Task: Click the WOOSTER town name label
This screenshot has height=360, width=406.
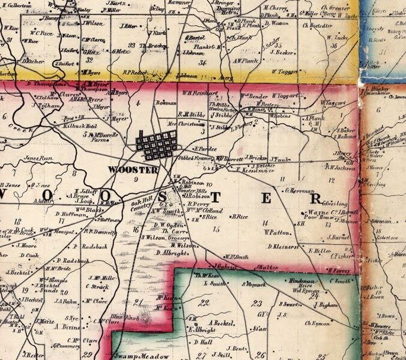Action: [x=132, y=169]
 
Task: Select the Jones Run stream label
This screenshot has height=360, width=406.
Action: [x=35, y=158]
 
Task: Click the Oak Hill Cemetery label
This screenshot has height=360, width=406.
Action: [x=142, y=206]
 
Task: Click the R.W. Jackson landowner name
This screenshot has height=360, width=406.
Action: [x=341, y=169]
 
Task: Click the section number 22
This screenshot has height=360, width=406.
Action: [x=205, y=302]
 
